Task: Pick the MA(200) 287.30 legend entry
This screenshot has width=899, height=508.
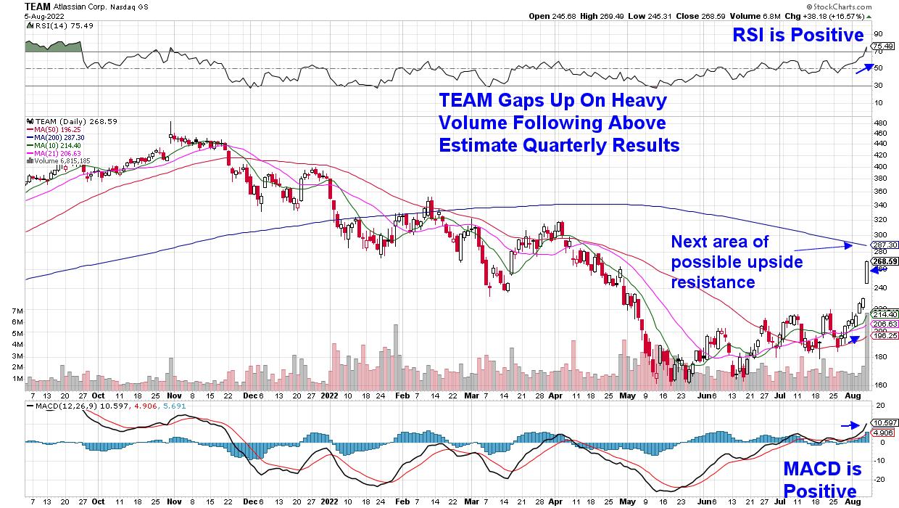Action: [x=54, y=136]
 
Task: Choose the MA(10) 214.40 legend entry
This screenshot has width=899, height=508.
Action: [x=52, y=145]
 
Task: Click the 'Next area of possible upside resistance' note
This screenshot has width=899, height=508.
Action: [x=737, y=261]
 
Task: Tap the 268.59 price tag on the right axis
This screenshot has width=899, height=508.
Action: [x=884, y=261]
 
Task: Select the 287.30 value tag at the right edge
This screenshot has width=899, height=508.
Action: [x=884, y=245]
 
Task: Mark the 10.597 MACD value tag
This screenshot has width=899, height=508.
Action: [x=884, y=422]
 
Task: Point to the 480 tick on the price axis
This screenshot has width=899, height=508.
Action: [x=879, y=122]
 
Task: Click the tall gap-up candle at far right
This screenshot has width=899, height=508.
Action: [x=866, y=273]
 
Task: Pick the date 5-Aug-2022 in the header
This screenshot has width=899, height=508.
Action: [x=41, y=15]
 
